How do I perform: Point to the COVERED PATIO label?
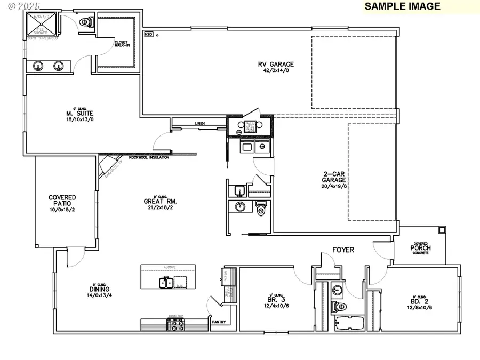pos(62,201)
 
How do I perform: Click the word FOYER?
pos(343,250)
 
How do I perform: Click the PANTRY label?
pos(219,322)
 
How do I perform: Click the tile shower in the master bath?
pos(41,24)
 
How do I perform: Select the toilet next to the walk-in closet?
pos(85,22)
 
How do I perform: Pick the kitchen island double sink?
pos(165,282)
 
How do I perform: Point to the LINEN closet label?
pos(200,123)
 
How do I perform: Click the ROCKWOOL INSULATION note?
pos(149,157)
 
